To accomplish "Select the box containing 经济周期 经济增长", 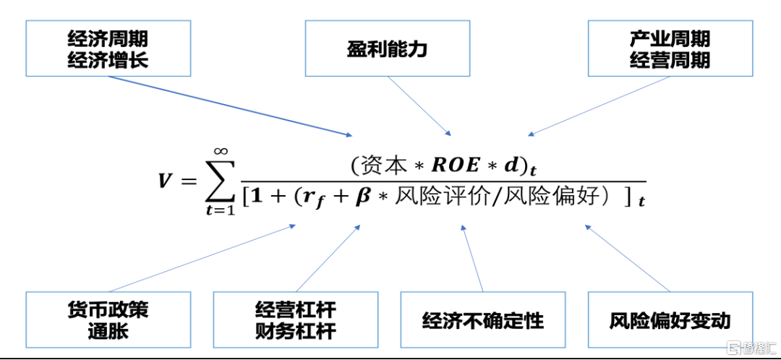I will click(x=108, y=48).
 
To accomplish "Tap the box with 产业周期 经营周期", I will click(x=670, y=48).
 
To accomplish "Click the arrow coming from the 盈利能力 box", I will click(x=420, y=106).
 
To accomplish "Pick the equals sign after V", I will click(x=189, y=181).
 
